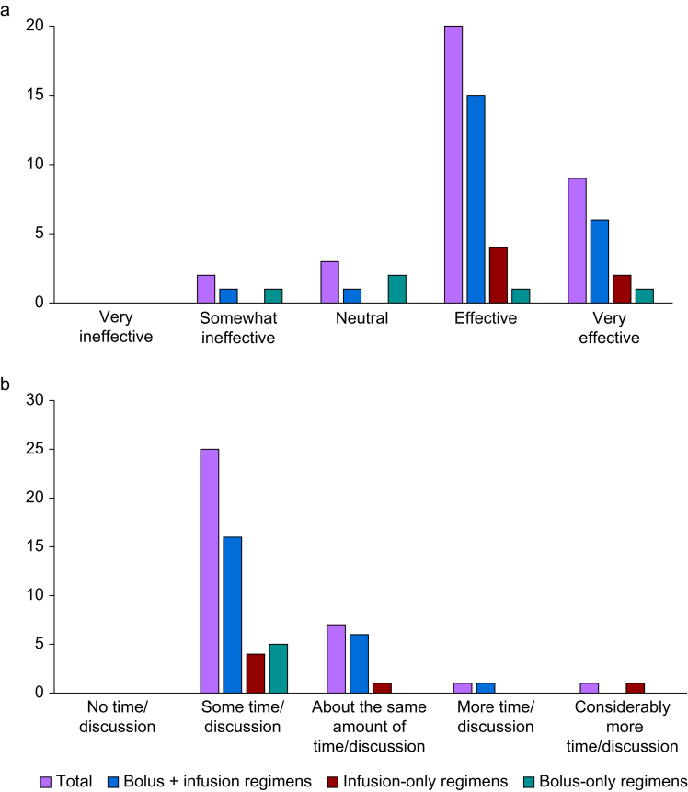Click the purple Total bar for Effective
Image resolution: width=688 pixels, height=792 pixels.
[x=453, y=164]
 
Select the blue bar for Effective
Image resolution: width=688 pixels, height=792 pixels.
[x=476, y=199]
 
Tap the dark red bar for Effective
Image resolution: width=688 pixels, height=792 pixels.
[x=499, y=275]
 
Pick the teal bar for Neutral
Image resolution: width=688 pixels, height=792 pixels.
[x=397, y=289]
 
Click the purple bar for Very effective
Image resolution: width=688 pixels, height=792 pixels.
[x=577, y=240]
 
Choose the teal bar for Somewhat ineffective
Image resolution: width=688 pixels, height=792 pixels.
[x=273, y=296]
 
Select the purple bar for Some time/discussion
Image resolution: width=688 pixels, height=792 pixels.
[x=210, y=570]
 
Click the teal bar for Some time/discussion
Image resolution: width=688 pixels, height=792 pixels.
[x=279, y=668]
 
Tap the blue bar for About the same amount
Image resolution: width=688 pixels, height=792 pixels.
[x=359, y=664]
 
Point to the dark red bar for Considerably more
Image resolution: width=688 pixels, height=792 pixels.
[x=635, y=688]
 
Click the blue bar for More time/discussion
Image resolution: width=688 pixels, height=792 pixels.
[x=486, y=688]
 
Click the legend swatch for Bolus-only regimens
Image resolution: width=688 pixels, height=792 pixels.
[x=529, y=782]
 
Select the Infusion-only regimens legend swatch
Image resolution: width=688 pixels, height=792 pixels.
[x=332, y=782]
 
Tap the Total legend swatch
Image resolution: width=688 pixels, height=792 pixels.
[x=45, y=782]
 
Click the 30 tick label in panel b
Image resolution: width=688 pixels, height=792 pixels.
[x=35, y=399]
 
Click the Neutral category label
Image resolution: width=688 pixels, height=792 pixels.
[x=362, y=318]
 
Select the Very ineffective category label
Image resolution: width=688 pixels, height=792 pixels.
[x=116, y=327]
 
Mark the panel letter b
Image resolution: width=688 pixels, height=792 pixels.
[x=5, y=384]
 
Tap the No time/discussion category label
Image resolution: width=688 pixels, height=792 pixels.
[x=117, y=717]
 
